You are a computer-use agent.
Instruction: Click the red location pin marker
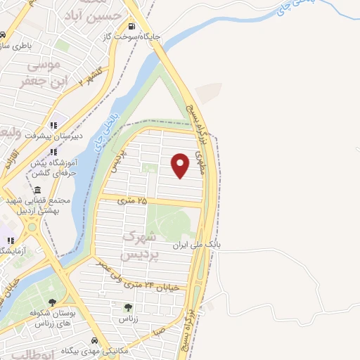(181, 165)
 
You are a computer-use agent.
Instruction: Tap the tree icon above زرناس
(127, 307)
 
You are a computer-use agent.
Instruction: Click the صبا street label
(160, 328)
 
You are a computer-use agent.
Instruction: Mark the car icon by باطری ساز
(4, 34)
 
